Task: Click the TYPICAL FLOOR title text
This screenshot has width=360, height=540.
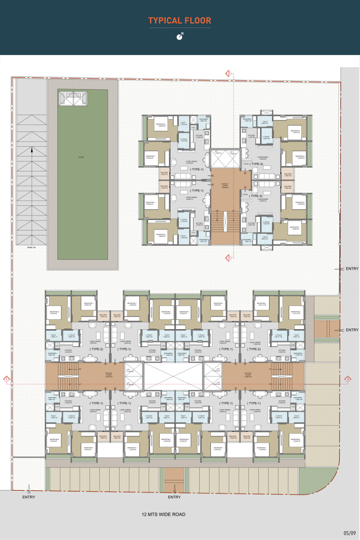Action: [180, 20]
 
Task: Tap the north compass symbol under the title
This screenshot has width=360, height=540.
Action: [180, 36]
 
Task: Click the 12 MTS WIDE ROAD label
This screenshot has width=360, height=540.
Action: [164, 515]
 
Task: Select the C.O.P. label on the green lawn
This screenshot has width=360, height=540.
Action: [82, 157]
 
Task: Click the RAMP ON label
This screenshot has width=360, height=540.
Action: [32, 247]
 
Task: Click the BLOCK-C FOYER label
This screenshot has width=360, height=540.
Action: [225, 185]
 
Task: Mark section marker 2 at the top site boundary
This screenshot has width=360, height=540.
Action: [229, 73]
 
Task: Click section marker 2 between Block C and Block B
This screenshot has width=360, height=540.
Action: [229, 258]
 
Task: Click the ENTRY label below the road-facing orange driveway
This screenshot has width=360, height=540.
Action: [174, 497]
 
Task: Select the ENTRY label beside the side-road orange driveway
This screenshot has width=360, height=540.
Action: [352, 330]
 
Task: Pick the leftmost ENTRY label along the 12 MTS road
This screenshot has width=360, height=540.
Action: [29, 497]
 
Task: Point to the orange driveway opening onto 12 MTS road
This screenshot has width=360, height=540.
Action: [174, 479]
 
